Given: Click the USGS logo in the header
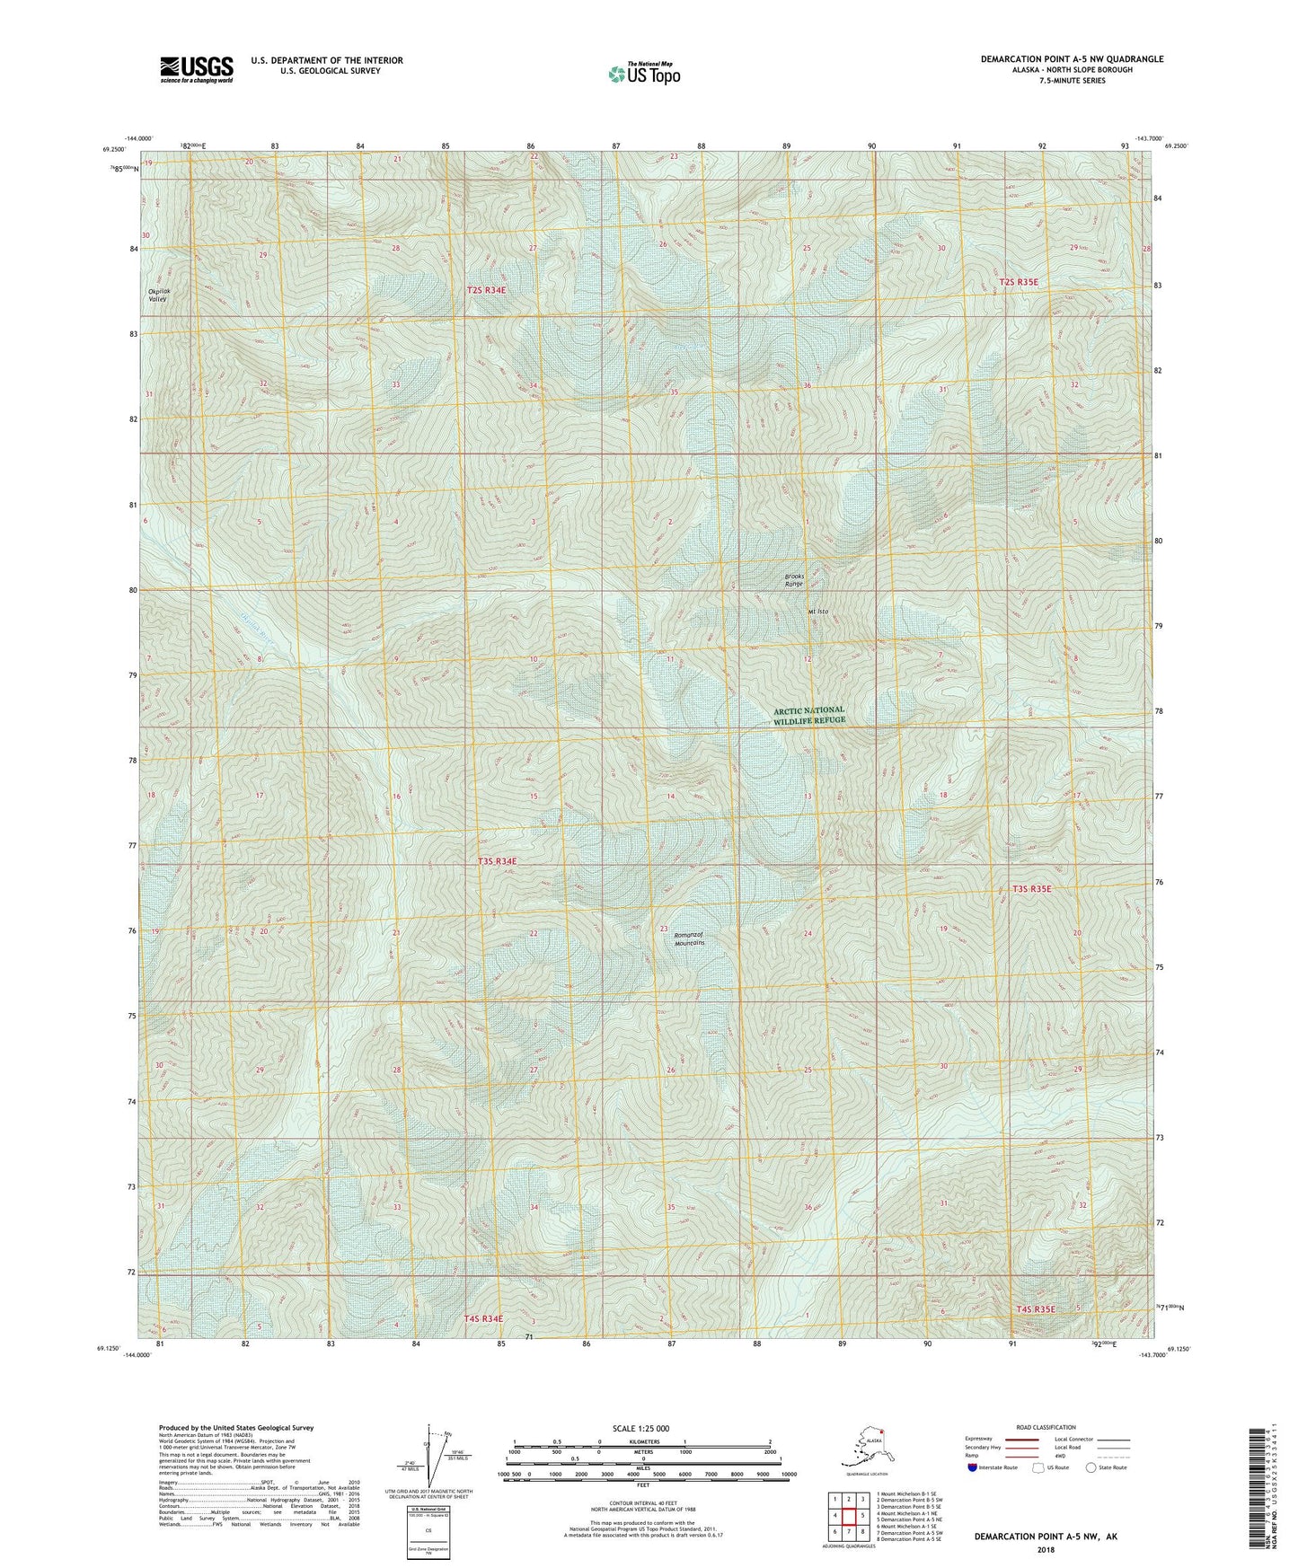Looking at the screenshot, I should (196, 69).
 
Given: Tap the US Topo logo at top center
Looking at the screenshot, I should (643, 73).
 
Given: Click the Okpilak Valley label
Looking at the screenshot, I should (157, 295).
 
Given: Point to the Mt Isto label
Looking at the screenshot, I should (817, 612).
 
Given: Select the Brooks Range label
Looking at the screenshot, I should (793, 580).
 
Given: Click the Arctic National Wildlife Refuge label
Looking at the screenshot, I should (808, 715).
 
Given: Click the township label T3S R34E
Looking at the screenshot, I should (497, 861).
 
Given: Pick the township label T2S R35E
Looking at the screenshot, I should (1018, 282).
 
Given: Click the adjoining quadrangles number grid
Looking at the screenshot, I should (848, 1516).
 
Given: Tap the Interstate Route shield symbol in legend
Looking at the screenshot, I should (973, 1467).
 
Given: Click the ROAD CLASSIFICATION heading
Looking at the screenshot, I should (1046, 1427).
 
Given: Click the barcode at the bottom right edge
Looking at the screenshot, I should (1258, 1500).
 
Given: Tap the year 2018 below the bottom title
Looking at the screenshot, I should (1045, 1550).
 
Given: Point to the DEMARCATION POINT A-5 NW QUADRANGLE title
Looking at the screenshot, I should (1072, 59).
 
